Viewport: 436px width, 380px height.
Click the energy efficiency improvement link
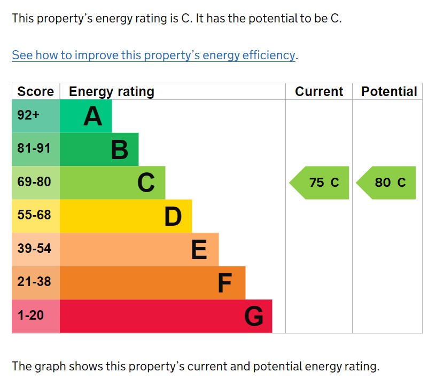[154, 55]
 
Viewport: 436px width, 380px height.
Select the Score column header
[35, 91]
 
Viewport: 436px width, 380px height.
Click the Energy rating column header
[111, 91]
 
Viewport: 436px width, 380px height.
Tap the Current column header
[319, 91]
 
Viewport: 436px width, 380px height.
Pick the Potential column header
[388, 91]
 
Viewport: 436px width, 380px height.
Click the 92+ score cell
[28, 115]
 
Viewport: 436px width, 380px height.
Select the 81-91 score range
[34, 148]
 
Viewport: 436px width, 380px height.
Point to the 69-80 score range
[34, 182]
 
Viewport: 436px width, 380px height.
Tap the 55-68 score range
[34, 215]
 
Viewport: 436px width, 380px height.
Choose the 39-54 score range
[34, 249]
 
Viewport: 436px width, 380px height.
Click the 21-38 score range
[34, 282]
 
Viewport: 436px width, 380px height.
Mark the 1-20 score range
[30, 315]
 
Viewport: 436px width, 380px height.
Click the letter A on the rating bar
[92, 116]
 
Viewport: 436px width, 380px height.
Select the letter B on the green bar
[119, 150]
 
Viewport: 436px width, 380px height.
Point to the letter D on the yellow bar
[173, 217]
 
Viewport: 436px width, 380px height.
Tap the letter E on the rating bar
[199, 250]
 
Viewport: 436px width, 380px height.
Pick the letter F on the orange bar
[224, 283]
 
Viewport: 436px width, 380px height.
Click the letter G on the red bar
[254, 316]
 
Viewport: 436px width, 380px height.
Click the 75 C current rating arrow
[320, 183]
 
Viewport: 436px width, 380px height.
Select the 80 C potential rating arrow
[387, 183]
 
